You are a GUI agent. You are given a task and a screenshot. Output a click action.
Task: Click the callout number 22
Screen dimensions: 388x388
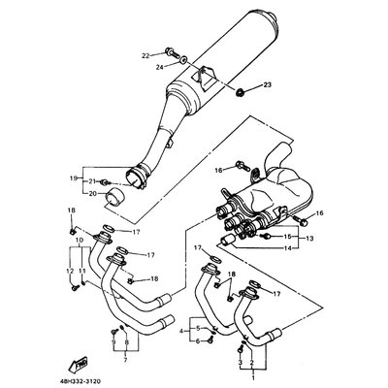145,55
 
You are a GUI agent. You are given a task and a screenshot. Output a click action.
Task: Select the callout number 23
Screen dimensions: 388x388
267,86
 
